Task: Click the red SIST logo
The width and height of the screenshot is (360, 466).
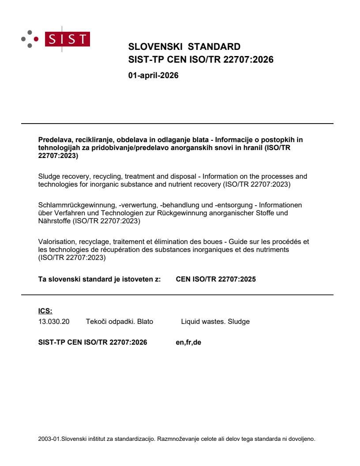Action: [x=68, y=39]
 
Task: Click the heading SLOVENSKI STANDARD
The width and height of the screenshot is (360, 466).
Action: [x=184, y=47]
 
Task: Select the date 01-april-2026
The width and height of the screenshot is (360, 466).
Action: [x=153, y=75]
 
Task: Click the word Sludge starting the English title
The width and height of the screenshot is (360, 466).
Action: [x=49, y=177]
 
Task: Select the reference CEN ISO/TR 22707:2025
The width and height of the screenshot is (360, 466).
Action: [x=216, y=279]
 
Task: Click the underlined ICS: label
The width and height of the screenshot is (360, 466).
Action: [x=45, y=311]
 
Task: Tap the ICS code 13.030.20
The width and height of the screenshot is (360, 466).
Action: [x=54, y=322]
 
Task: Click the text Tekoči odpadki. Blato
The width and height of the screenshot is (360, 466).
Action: [x=119, y=322]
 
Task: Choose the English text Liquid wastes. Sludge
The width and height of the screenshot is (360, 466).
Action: [x=215, y=322]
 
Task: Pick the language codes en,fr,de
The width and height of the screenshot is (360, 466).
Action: [x=188, y=342]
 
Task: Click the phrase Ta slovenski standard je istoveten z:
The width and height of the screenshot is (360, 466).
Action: [x=100, y=279]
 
